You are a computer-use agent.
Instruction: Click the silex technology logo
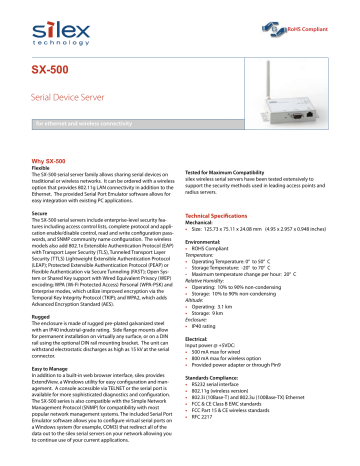pyautogui.click(x=62, y=23)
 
